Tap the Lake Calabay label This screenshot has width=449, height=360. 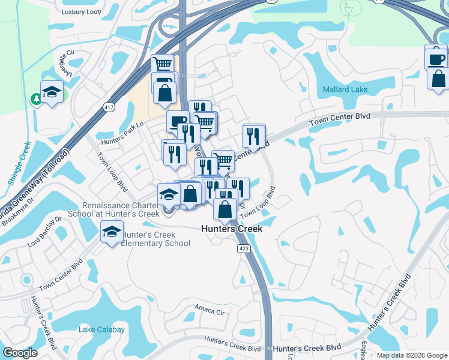tap(102, 329)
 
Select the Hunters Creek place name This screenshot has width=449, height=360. tap(232, 229)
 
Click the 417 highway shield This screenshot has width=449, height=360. tap(109, 107)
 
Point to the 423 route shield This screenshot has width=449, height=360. tap(244, 248)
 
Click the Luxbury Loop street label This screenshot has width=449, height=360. tap(81, 11)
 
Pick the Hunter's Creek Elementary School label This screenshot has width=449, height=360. tap(156, 239)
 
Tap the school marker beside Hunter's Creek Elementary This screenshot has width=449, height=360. tap(112, 232)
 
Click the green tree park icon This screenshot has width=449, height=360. tap(37, 98)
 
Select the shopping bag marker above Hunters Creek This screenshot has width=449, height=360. tap(225, 210)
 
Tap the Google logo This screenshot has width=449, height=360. tap(20, 353)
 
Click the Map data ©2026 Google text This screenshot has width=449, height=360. tap(411, 355)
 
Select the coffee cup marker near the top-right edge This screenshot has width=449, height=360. tap(436, 59)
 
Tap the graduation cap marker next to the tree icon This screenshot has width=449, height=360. tap(52, 92)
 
